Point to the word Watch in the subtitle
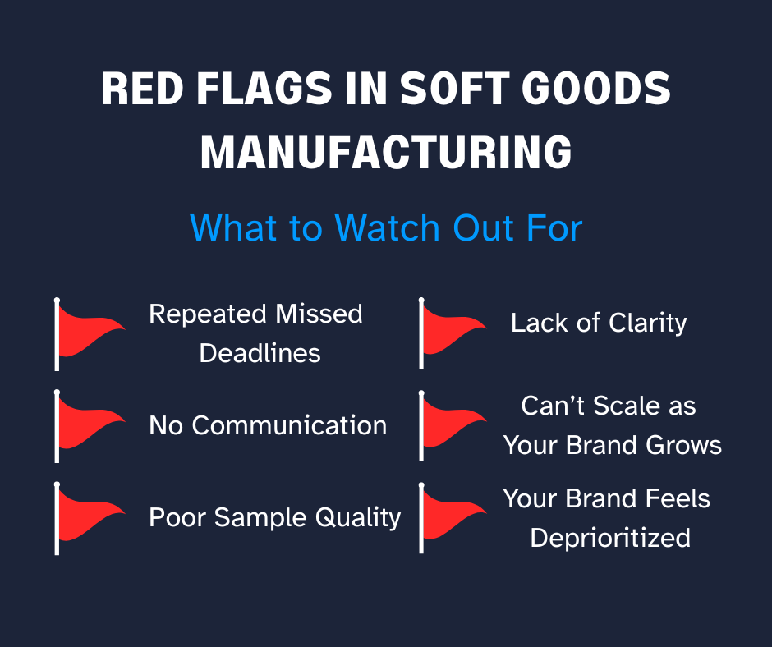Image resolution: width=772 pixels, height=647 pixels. click(387, 228)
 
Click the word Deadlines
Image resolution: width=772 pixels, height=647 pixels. click(260, 353)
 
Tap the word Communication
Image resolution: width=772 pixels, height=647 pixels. click(289, 425)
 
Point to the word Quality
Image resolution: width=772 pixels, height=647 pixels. click(358, 518)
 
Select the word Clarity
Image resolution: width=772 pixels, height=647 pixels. click(647, 323)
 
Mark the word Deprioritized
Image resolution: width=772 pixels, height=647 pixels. click(610, 538)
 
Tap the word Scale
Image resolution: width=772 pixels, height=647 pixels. click(622, 406)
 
